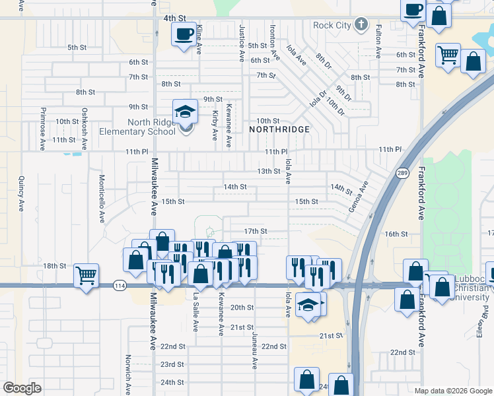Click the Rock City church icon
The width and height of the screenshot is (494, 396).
pos(361,25)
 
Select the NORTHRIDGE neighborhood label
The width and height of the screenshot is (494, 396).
pos(279,129)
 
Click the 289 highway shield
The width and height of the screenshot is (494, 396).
pos(402,173)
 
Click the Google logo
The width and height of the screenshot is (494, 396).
pos(22,388)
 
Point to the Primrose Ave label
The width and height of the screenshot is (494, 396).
pos(42,129)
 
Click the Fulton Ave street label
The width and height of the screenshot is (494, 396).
pos(378,42)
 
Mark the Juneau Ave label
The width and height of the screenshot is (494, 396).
pos(254,349)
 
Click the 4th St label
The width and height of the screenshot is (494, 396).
pos(173,18)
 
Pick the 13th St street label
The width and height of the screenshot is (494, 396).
pos(269,171)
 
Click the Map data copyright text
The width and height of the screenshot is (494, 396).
pos(452,390)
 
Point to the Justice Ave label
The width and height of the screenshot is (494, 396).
pos(242,41)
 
